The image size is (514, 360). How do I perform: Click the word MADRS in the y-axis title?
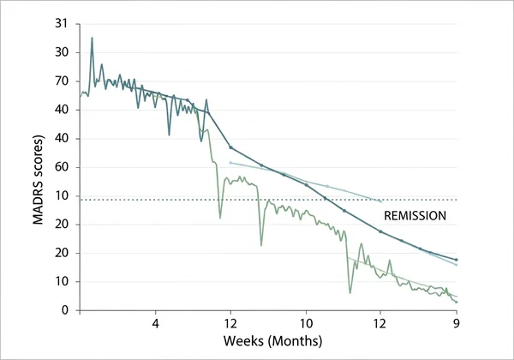click(x=39, y=205)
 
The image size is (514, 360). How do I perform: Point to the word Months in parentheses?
click(x=296, y=341)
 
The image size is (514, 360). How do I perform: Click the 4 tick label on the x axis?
click(x=155, y=325)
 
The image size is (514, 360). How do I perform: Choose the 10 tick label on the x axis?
click(x=306, y=325)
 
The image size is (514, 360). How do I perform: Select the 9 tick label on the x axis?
click(x=457, y=325)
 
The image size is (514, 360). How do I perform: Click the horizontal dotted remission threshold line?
click(x=257, y=200)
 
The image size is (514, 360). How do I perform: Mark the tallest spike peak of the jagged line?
click(x=92, y=38)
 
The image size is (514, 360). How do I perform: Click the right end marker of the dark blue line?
click(x=457, y=260)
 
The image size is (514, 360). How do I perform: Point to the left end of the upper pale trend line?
click(x=230, y=162)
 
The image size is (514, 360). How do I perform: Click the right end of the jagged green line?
click(x=457, y=302)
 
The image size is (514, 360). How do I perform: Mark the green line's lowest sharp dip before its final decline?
click(x=350, y=293)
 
